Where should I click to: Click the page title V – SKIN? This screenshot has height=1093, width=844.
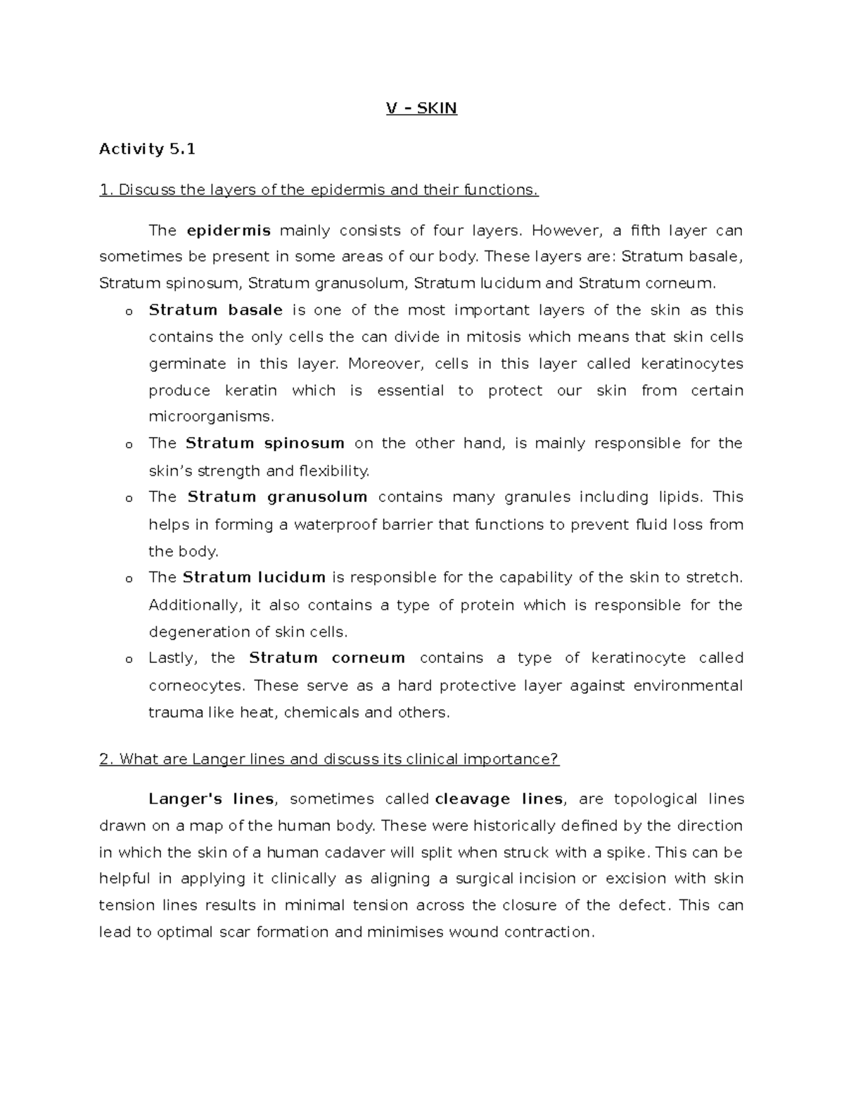coord(421,108)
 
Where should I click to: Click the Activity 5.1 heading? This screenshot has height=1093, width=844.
coord(147,149)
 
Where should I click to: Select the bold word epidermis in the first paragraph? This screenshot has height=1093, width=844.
coord(229,231)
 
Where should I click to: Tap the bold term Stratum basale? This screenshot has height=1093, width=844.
coord(215,310)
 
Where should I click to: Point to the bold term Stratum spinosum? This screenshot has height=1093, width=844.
coord(265,443)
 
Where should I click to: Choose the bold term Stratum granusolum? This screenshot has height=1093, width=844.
coord(277,497)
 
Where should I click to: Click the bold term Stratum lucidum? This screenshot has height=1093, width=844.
coord(254,578)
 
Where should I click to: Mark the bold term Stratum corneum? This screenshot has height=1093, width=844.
coord(327,658)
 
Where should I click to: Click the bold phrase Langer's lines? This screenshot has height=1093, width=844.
coord(211,800)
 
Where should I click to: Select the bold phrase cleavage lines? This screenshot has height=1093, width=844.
coord(499,800)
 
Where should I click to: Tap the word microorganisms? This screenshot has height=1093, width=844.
coord(210,417)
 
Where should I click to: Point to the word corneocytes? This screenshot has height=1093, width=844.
coord(196,686)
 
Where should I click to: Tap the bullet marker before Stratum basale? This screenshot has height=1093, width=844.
coord(128,312)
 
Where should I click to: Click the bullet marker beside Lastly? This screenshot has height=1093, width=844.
coord(128,659)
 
